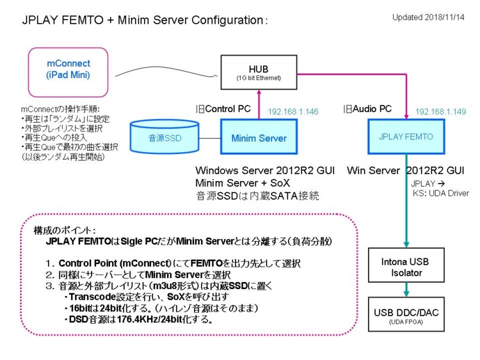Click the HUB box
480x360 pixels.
click(259, 72)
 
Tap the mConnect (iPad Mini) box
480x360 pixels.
click(68, 72)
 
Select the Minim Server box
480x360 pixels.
click(259, 136)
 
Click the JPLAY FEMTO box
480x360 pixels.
click(406, 136)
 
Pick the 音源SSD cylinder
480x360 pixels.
click(164, 136)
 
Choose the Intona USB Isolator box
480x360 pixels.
click(406, 265)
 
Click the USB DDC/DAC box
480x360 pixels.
click(406, 314)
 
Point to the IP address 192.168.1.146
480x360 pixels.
click(293, 112)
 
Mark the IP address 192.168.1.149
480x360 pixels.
click(440, 112)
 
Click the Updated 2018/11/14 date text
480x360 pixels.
click(428, 17)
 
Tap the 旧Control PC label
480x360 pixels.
click(223, 109)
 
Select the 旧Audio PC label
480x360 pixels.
click(367, 109)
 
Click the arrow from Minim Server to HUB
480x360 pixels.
click(259, 104)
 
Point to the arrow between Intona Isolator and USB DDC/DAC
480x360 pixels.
click(406, 290)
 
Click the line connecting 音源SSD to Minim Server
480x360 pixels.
click(210, 138)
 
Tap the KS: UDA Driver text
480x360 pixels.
click(440, 193)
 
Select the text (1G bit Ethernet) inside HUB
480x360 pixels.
click(259, 78)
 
